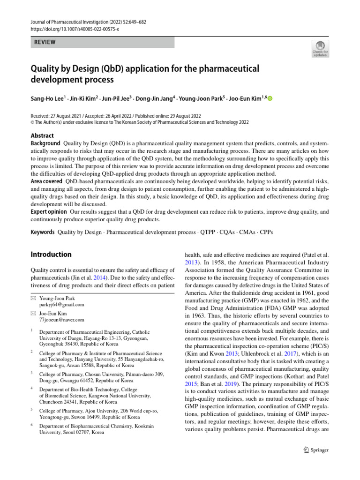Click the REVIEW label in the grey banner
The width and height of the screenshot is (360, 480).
45,42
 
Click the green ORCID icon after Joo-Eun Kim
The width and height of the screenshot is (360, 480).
270,98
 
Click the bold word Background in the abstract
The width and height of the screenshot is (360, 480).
45,143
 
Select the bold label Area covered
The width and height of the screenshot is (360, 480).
46,181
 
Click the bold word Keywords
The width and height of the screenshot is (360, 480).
43,232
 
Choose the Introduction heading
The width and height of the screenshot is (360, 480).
51,255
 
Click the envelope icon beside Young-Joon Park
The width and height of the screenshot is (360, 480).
33,298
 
